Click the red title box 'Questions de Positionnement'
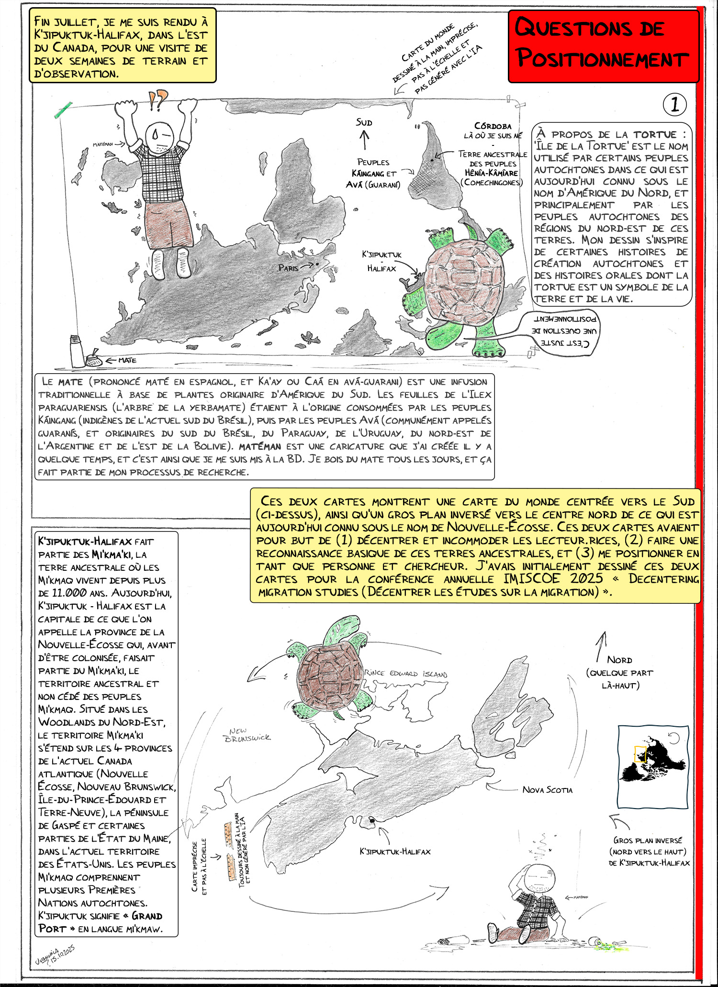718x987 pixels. [x=603, y=45]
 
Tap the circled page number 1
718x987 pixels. [x=674, y=104]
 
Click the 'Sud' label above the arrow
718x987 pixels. [x=364, y=122]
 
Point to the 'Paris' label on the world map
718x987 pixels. [x=288, y=268]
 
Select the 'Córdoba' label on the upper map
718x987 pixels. [x=493, y=126]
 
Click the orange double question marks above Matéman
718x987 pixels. [x=158, y=99]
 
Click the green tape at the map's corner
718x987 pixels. [x=63, y=110]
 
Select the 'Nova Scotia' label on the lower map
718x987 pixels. [x=547, y=790]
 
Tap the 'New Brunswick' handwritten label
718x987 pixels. [x=247, y=734]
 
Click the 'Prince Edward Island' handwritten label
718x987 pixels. [x=406, y=673]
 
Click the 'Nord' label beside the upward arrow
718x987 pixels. [x=619, y=660]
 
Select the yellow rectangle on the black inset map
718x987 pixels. [x=640, y=754]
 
